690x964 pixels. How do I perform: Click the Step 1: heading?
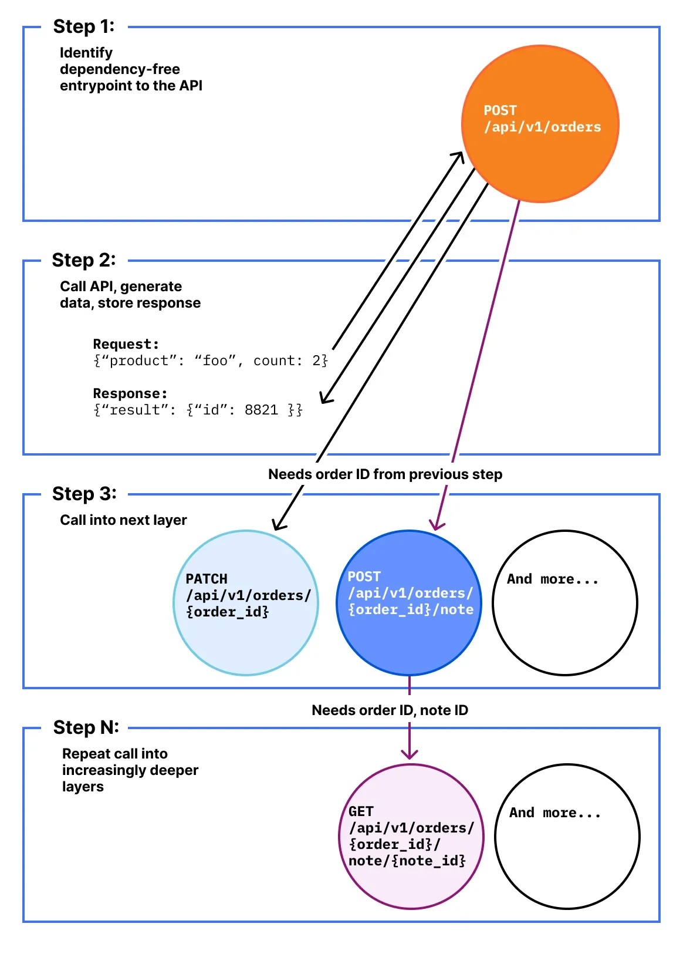pos(83,26)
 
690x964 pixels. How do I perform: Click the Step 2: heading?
pos(83,260)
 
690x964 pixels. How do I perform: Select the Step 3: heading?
pos(84,494)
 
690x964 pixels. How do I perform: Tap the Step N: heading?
pos(86,727)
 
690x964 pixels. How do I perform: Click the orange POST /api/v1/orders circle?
pos(540,124)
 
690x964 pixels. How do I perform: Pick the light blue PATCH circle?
pos(246,603)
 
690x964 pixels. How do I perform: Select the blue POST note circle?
pos(409,603)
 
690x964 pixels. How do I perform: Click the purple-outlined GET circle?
pos(411,837)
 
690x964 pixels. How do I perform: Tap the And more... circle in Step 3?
pos(565,603)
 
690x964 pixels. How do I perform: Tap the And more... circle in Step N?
pos(567,837)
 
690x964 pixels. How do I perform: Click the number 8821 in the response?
pos(261,410)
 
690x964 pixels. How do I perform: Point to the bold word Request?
pos(126,344)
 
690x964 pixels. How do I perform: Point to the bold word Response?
pos(130,393)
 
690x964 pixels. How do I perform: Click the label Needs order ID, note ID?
pos(390,710)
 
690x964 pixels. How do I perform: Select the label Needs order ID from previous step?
pos(385,474)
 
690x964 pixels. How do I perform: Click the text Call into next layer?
pos(123,520)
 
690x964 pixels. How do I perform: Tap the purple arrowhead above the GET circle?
pos(410,754)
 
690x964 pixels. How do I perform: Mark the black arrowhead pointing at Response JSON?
pos(326,398)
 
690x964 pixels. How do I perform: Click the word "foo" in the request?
pos(215,360)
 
